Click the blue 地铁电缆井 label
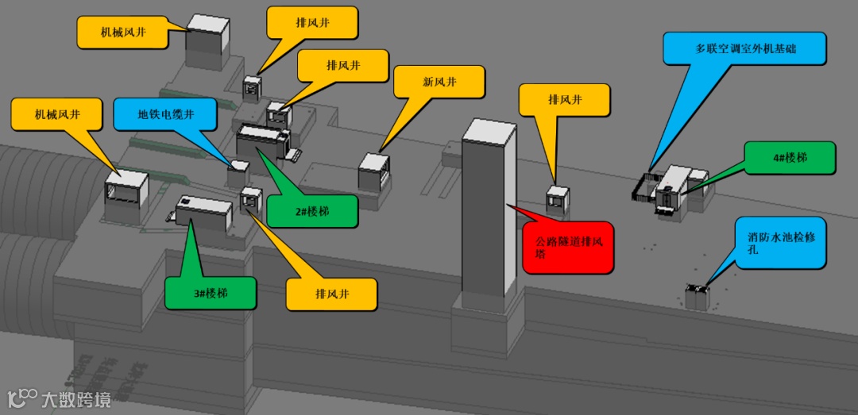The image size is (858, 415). click(165, 114)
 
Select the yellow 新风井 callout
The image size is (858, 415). click(439, 82)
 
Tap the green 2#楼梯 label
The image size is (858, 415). click(311, 212)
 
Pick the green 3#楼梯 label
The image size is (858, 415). click(211, 293)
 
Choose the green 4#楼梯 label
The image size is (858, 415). click(790, 158)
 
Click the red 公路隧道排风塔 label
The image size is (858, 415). click(569, 248)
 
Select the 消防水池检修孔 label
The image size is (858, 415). click(781, 242)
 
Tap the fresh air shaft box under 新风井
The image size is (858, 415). click(374, 171)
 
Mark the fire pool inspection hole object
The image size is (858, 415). click(697, 296)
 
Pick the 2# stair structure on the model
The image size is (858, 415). click(263, 144)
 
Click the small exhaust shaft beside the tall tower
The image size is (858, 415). click(558, 198)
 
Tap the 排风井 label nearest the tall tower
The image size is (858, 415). click(565, 100)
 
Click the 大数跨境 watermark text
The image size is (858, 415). click(76, 398)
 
